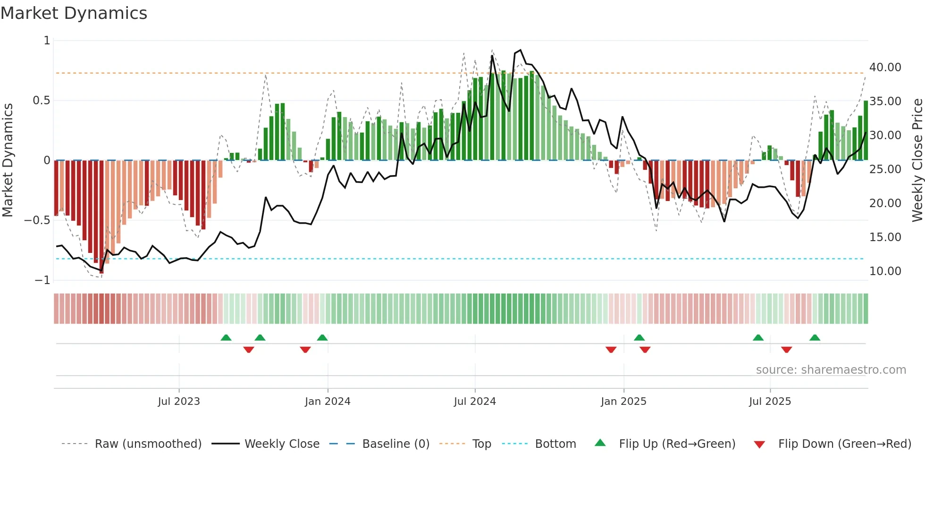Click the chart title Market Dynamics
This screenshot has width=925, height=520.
[x=74, y=13]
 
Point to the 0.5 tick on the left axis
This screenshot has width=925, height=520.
[x=41, y=101]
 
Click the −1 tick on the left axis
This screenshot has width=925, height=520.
[x=42, y=280]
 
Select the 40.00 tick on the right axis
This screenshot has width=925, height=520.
[x=885, y=67]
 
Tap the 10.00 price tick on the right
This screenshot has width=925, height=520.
[x=885, y=271]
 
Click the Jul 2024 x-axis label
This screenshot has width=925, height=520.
[x=475, y=402]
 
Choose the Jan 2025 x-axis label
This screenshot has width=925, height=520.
[x=623, y=402]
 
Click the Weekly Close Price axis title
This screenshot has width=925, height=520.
[x=917, y=160]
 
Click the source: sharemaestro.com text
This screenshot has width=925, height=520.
[x=831, y=370]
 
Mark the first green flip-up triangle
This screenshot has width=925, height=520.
[x=226, y=338]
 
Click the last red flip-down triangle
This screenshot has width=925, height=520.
[x=786, y=350]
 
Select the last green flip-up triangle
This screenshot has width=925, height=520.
[x=815, y=338]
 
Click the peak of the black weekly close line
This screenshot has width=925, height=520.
[x=520, y=50]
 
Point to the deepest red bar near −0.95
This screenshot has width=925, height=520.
[x=101, y=217]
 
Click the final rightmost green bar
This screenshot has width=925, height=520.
[x=866, y=131]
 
